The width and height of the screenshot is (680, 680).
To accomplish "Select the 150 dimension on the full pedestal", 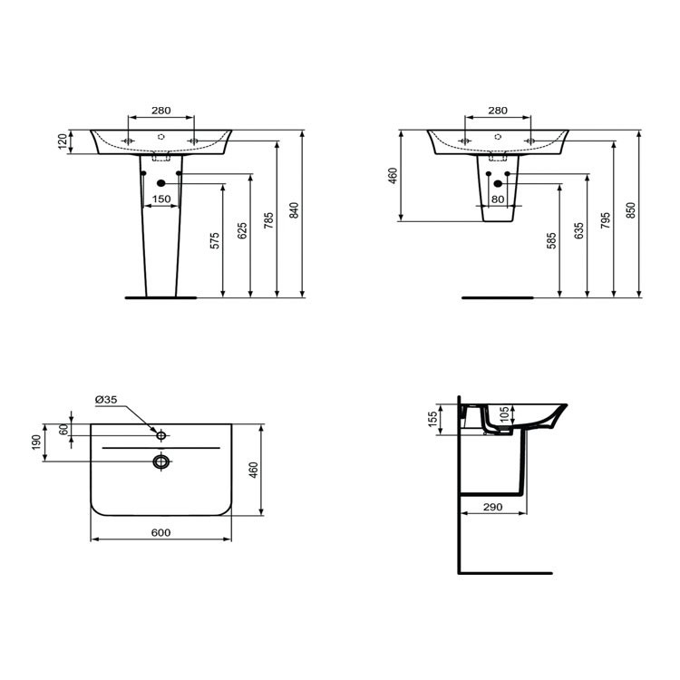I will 160,199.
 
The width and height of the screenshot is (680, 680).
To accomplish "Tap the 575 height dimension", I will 215,240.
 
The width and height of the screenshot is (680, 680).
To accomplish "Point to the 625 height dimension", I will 241,230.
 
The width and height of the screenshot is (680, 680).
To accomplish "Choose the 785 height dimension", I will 268,219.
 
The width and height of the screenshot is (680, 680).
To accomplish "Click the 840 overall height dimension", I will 294,210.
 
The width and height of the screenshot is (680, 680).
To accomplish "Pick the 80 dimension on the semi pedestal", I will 497,199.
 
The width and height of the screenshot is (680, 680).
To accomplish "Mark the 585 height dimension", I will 552,241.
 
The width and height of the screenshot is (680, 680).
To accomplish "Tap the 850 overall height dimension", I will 631,210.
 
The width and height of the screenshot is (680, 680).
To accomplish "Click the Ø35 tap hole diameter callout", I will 106,400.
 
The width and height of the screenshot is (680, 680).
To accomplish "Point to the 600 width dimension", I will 160,533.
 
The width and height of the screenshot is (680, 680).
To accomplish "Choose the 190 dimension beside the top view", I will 36,442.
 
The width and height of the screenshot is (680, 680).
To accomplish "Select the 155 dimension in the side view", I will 434,416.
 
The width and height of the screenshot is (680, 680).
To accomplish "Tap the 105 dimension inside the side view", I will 504,415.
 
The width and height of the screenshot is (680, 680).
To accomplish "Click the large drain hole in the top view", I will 161,462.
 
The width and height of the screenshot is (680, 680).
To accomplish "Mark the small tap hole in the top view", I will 161,436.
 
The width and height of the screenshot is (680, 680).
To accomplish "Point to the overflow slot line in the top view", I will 161,448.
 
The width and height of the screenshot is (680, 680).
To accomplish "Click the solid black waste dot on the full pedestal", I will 161,183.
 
